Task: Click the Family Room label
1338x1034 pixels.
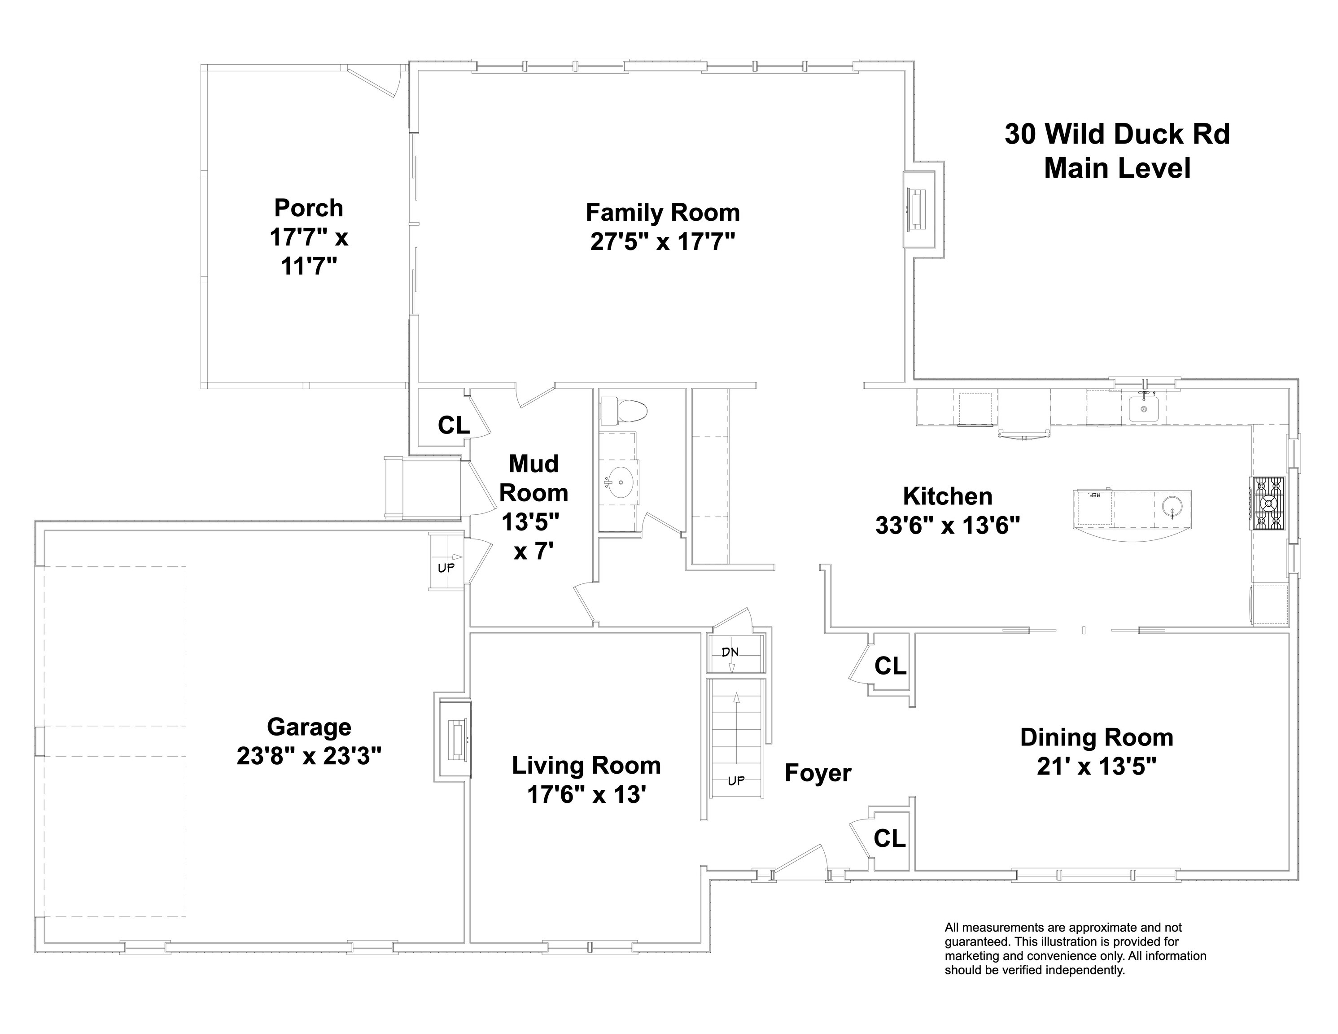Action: pos(663,213)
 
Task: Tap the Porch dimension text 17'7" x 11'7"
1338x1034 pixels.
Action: pos(309,251)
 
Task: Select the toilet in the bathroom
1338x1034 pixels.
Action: pos(623,411)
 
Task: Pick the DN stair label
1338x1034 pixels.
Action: pos(730,652)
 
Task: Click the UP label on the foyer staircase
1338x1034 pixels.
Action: pos(736,781)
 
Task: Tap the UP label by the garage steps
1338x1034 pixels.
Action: pos(446,568)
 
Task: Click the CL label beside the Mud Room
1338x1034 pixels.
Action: pos(453,425)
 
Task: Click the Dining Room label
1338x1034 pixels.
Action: pos(1097,737)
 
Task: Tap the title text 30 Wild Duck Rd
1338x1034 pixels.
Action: pos(1117,134)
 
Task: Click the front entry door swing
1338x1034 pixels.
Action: pos(800,860)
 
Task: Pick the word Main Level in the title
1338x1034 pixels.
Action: pos(1117,169)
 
